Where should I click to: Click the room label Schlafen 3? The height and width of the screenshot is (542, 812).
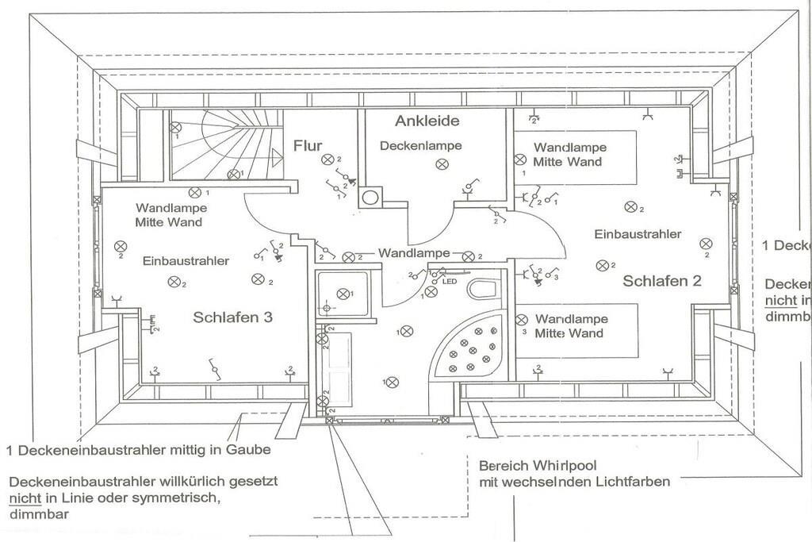point(232,317)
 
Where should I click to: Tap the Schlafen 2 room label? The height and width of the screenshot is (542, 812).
point(661,281)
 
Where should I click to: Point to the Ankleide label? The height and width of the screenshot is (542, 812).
point(427,121)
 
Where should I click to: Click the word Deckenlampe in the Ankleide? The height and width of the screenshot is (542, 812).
point(420,146)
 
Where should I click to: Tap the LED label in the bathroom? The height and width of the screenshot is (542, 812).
point(449,282)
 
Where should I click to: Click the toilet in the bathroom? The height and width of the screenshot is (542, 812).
point(481,289)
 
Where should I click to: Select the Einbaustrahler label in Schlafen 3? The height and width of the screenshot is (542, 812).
point(186,260)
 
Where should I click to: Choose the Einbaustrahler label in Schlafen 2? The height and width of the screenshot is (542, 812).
point(638,234)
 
